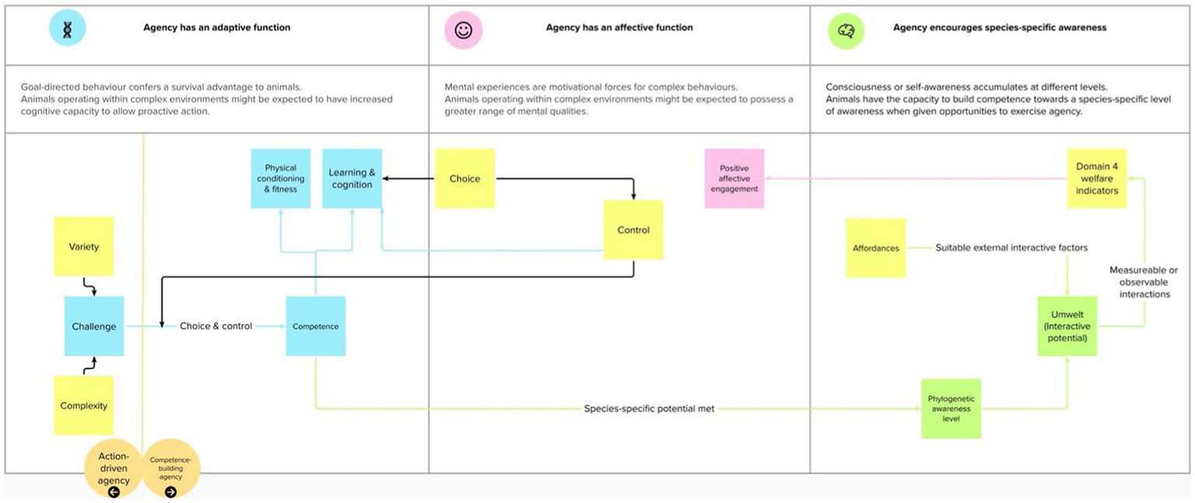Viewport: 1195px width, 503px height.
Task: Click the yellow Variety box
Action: [83, 246]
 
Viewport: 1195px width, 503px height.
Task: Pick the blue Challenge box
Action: [93, 326]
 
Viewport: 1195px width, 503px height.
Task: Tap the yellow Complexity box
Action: [83, 405]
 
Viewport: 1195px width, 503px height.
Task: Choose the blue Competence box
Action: [315, 326]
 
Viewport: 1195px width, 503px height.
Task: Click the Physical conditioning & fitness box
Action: [280, 178]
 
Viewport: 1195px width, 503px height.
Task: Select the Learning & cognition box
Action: [352, 178]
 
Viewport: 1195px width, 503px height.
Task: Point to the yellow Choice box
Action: [465, 178]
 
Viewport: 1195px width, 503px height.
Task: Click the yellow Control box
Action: [633, 230]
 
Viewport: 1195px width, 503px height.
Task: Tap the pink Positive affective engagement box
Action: [734, 178]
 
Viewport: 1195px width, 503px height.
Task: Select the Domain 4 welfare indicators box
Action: [1097, 178]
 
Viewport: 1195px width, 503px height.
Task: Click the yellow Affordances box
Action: [876, 248]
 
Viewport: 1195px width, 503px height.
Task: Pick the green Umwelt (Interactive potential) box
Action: [1067, 326]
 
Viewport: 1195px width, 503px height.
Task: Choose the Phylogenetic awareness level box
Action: [951, 408]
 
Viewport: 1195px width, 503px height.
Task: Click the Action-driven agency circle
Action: [114, 470]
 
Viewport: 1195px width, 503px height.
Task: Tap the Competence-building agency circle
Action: [171, 470]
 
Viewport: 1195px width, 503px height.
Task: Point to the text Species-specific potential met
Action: [649, 408]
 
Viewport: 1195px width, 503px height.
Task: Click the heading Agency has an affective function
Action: [619, 28]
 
